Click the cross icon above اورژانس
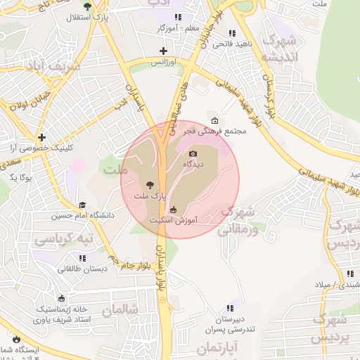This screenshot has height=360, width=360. click(164, 51)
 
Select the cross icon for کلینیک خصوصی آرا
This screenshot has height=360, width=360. click(42, 136)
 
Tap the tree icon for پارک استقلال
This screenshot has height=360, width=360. click(87, 6)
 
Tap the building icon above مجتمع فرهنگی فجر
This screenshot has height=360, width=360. click(214, 120)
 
